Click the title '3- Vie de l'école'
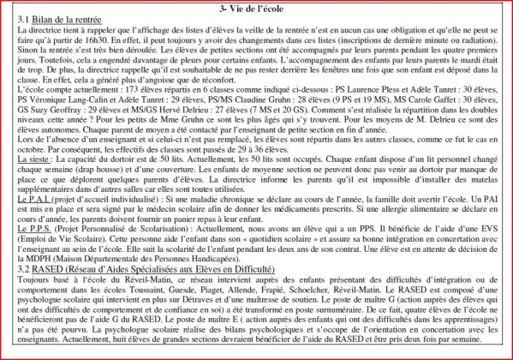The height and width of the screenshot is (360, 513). pos(256,8)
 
